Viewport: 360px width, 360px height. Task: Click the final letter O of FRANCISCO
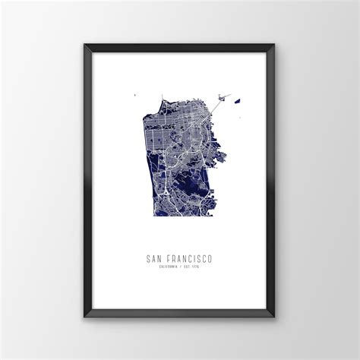click(210, 258)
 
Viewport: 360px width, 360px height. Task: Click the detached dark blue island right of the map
click(237, 99)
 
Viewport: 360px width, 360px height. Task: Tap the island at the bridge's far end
click(224, 96)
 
